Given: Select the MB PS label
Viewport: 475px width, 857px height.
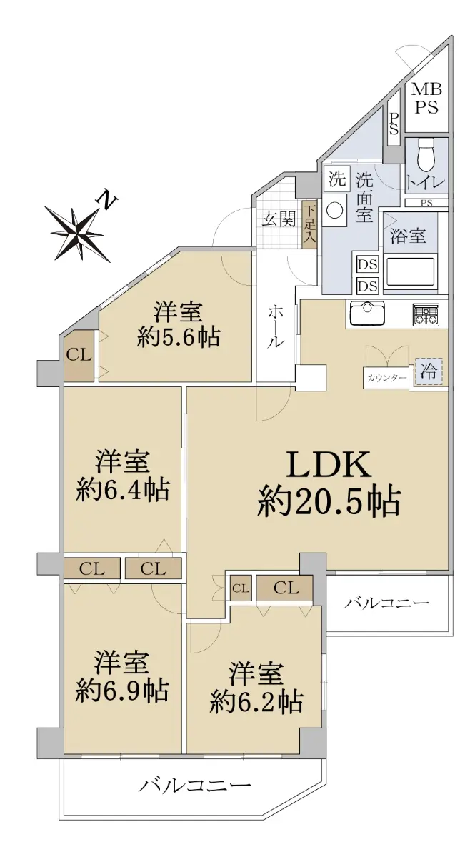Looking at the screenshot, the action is point(426,98).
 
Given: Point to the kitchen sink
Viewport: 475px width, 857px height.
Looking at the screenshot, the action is point(366,314).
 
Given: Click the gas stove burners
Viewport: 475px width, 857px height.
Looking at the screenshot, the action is point(426,314).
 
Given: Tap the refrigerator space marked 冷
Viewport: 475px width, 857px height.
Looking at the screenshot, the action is point(429,371).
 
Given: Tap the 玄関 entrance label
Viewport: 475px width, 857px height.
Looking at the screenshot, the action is point(279,219).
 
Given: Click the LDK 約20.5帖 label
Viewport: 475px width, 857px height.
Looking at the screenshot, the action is point(329,483).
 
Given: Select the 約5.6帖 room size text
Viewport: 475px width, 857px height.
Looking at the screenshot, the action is point(179,337).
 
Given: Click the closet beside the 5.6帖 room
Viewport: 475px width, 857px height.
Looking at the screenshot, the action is point(79,356).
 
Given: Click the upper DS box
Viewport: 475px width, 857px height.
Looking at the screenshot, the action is point(368,264).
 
